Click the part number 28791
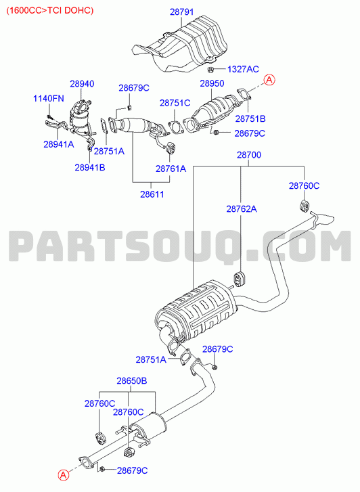click(182, 12)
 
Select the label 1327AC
click(243, 69)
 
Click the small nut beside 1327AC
click(211, 69)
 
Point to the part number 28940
click(82, 84)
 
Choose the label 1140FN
click(49, 98)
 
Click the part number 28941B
click(90, 167)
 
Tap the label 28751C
click(175, 103)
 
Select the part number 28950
click(212, 83)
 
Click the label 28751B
click(250, 118)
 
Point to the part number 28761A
click(171, 169)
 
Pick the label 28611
click(152, 194)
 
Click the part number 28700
click(249, 155)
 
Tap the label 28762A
click(242, 208)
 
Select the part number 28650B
click(132, 380)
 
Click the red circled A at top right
click(269, 80)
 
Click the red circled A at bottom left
click(63, 475)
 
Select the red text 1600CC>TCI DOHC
click(50, 10)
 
